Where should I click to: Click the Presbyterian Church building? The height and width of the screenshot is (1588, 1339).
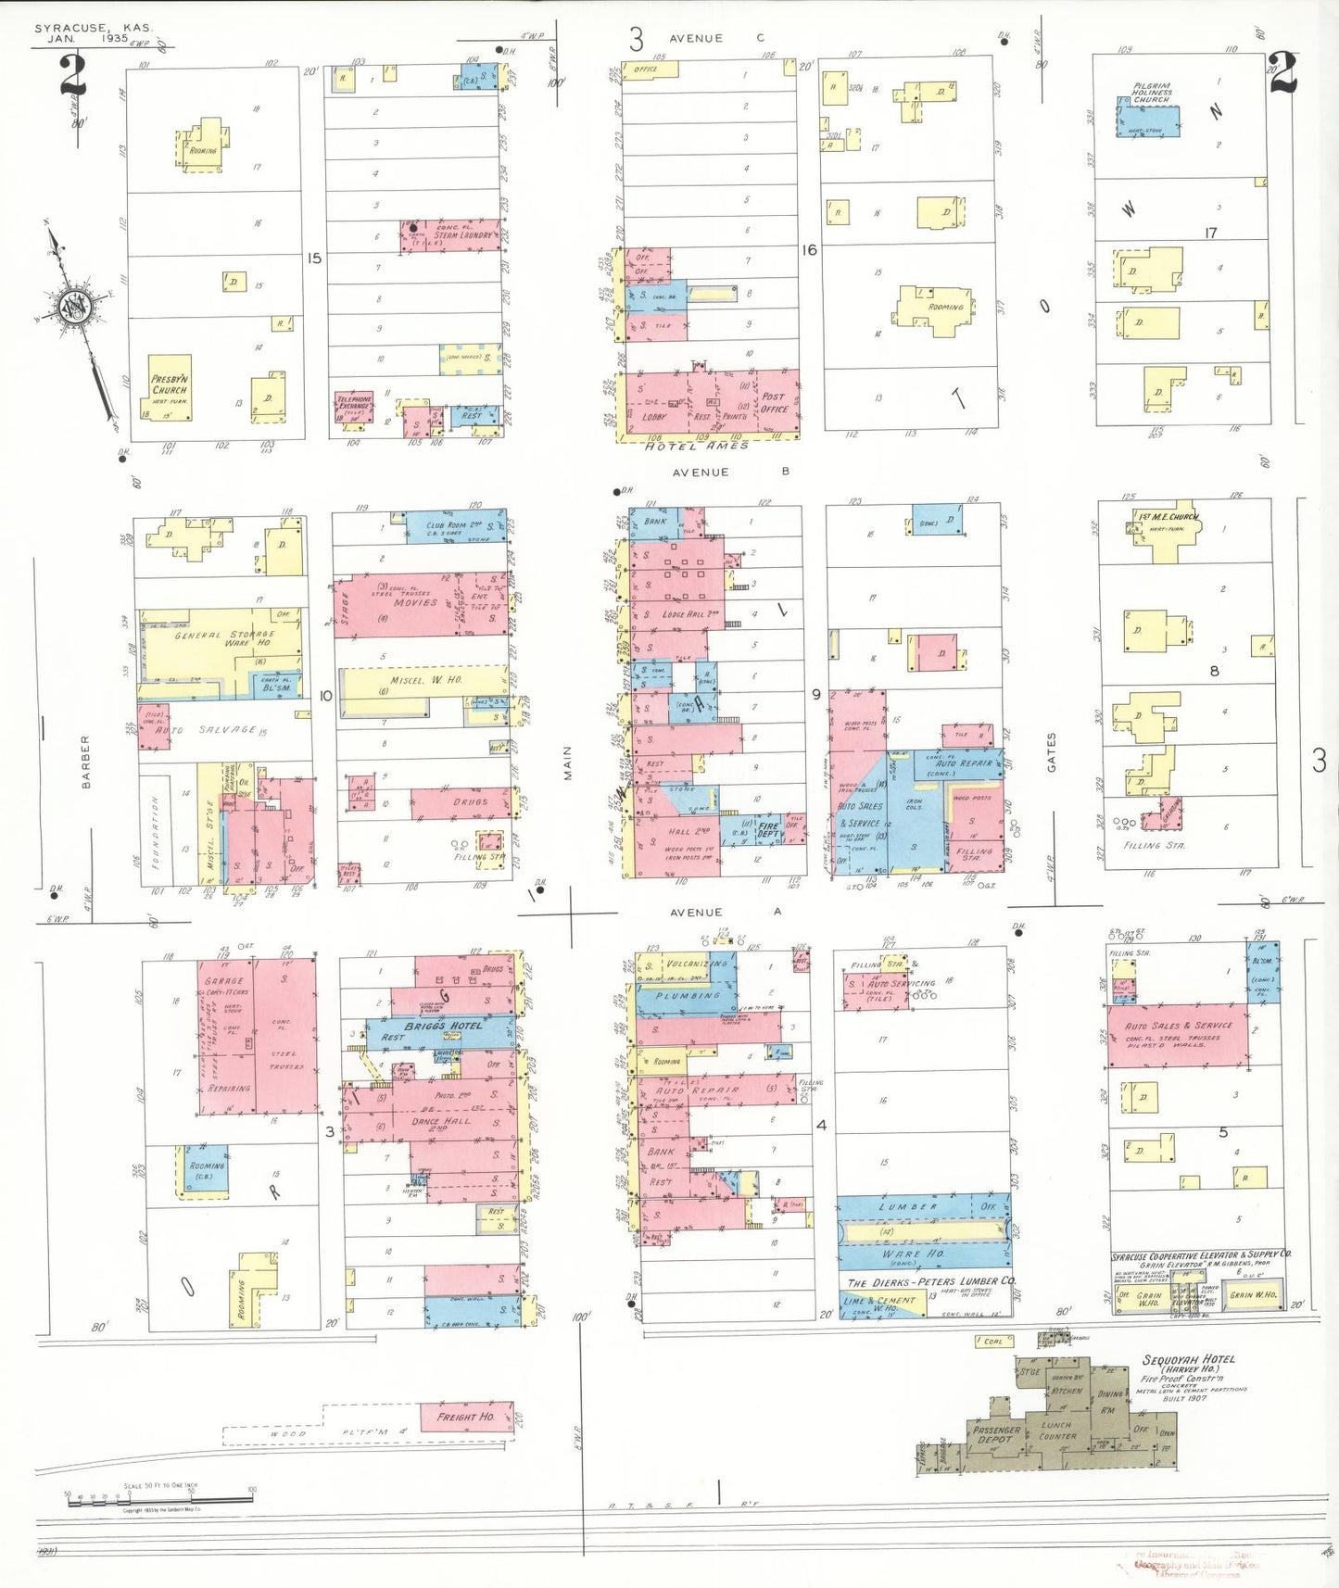(x=170, y=386)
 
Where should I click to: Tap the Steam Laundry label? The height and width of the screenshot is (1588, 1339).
(x=463, y=235)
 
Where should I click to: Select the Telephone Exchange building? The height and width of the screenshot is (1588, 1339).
(x=353, y=408)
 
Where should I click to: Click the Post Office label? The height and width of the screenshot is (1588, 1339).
(x=774, y=402)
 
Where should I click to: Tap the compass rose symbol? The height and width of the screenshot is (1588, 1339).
(x=73, y=308)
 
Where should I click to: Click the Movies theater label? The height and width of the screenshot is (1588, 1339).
(x=415, y=602)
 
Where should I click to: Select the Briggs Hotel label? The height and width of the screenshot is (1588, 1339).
(x=442, y=1027)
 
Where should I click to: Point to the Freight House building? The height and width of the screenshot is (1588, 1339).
(x=466, y=1417)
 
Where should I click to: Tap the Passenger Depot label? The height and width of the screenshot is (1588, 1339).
(x=996, y=1434)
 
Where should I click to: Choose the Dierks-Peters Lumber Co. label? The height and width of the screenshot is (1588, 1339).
(x=930, y=1281)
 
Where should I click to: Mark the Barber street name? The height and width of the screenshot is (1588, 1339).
(x=86, y=762)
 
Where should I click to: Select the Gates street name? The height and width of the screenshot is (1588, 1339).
(x=1052, y=752)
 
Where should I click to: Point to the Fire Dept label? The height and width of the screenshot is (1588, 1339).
(x=769, y=828)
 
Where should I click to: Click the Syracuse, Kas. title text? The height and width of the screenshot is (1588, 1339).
(x=94, y=29)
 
